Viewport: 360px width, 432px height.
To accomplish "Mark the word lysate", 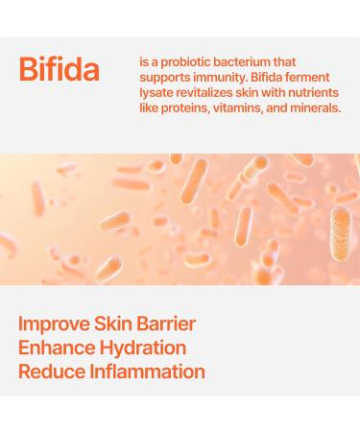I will click(158, 93).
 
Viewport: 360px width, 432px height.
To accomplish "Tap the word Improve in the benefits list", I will click(59, 324).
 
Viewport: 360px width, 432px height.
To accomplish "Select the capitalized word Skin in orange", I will click(124, 324).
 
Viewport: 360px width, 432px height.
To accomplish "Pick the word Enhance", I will click(59, 348).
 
